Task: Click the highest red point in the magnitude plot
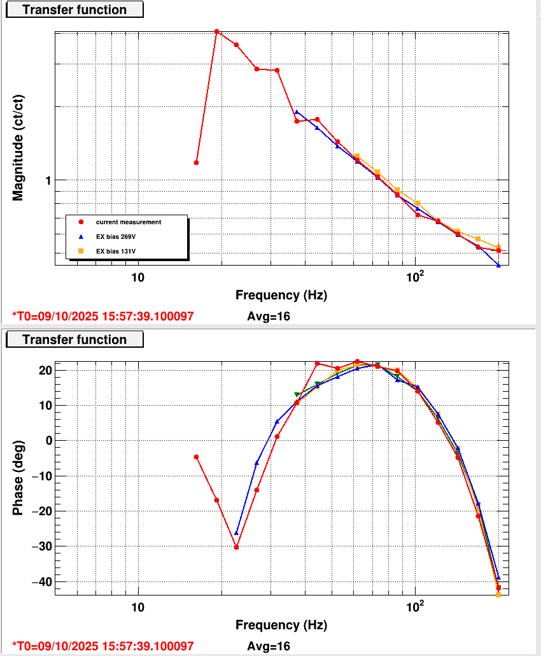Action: click(217, 31)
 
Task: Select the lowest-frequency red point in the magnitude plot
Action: click(196, 162)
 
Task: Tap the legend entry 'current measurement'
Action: click(128, 222)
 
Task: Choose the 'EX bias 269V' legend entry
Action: click(117, 237)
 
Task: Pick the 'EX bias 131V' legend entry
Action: click(117, 252)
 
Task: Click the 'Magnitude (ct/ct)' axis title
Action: click(18, 147)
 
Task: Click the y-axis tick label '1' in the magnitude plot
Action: click(47, 181)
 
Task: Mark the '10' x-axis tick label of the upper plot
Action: click(137, 277)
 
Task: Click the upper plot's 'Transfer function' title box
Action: click(74, 10)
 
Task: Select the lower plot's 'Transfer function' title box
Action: click(74, 339)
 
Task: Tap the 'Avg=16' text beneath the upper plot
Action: click(269, 316)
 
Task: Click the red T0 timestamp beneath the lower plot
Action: click(103, 646)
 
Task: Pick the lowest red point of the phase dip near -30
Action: click(236, 547)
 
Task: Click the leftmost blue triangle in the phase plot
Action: click(237, 532)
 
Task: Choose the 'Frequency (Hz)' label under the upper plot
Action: click(281, 295)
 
